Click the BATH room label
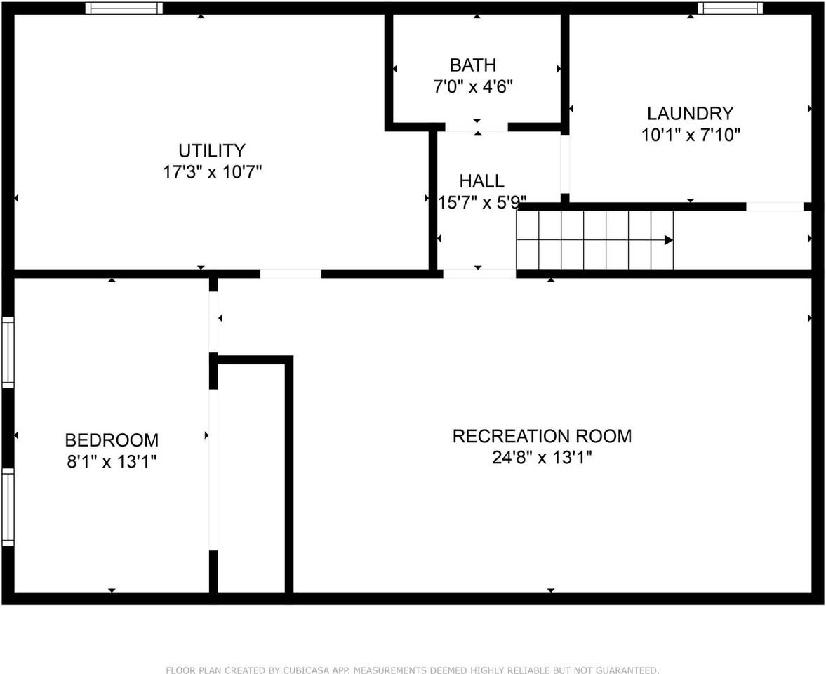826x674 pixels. (x=472, y=65)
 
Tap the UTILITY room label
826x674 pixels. (x=212, y=151)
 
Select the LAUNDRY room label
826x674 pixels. (x=691, y=114)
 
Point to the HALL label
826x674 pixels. (x=481, y=181)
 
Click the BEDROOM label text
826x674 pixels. (x=112, y=440)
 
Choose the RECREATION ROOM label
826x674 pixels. (x=542, y=436)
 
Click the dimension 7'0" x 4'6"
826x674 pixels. (x=472, y=87)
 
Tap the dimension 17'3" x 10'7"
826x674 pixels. (x=212, y=172)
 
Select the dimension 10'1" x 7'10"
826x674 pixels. (x=691, y=135)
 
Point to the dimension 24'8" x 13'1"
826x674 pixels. (x=542, y=458)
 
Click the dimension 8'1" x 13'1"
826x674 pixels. (x=112, y=461)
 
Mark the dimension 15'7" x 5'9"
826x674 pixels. (x=481, y=203)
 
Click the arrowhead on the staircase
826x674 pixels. (x=669, y=240)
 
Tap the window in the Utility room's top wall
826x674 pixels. (x=124, y=8)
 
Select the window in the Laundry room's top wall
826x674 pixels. (x=730, y=8)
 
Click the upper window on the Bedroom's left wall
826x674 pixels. (x=8, y=352)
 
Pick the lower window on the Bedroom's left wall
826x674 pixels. (x=8, y=506)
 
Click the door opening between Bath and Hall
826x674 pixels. (x=477, y=127)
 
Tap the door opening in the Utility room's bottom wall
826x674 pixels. (x=291, y=274)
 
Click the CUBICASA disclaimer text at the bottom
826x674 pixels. (x=413, y=670)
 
